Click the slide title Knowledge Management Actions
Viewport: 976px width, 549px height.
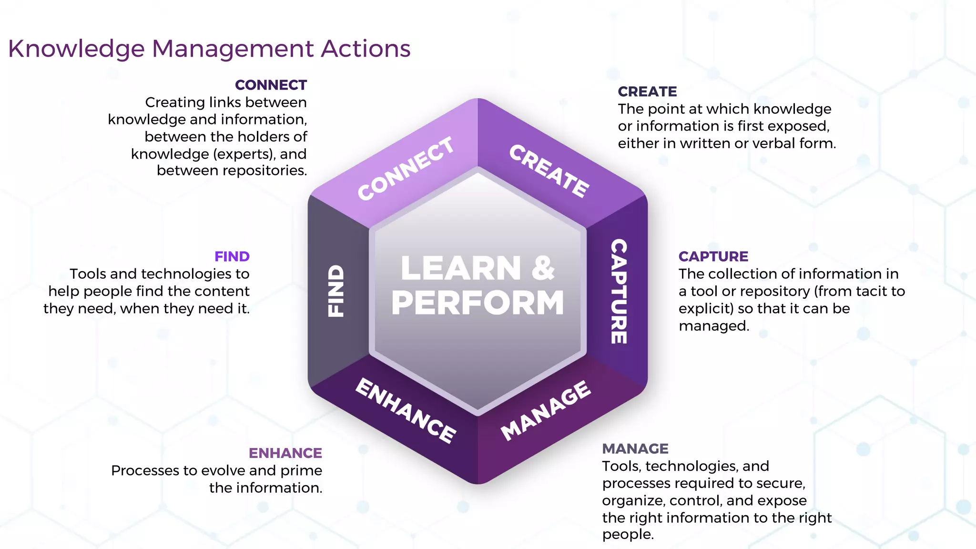[x=209, y=49]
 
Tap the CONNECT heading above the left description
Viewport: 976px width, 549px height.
[x=271, y=85]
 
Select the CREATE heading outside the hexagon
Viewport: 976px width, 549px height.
[x=647, y=91]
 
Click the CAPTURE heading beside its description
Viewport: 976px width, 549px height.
[x=713, y=256]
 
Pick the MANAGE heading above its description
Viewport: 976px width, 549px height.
[x=635, y=448]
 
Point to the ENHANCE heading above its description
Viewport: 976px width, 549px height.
[x=285, y=453]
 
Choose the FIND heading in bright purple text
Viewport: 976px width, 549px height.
[x=232, y=256]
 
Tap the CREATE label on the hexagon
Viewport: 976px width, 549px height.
[x=549, y=171]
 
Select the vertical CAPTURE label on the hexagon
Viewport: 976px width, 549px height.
[x=619, y=291]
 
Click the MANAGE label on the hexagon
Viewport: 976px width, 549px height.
[x=546, y=410]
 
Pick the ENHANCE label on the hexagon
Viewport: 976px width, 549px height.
[x=406, y=410]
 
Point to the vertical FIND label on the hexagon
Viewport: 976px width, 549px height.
[x=336, y=291]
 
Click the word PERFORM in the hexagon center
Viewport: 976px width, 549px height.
[x=478, y=303]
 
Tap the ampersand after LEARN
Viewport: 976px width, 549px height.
[x=543, y=268]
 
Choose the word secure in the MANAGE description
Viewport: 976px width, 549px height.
[x=779, y=483]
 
